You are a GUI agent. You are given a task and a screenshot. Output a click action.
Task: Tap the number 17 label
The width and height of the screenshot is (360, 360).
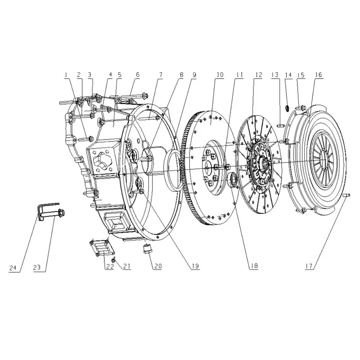pos(309,266)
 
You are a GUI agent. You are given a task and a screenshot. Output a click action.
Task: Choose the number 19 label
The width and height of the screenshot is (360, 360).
pos(194,266)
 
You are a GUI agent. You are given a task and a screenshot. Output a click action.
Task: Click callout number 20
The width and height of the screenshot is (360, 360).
pos(157,266)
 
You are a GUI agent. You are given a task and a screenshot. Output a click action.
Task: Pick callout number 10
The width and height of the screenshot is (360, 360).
pos(220,75)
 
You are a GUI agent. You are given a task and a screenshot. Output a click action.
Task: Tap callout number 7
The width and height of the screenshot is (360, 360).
pos(160,75)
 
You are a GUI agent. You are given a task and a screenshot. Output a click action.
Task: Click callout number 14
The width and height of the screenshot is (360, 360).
pos(288,75)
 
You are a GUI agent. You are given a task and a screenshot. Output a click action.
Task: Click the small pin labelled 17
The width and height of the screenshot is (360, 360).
pos(346,195)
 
